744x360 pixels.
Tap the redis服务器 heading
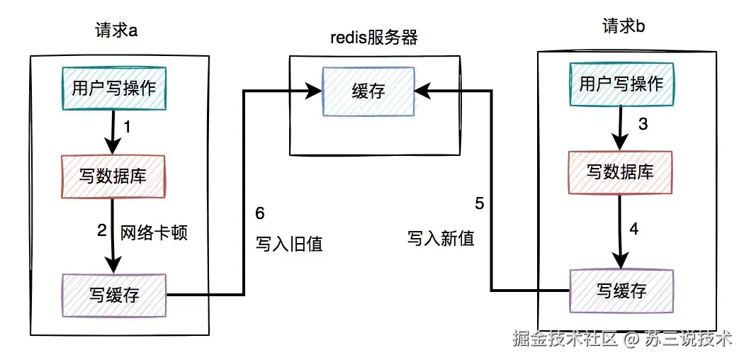click(x=374, y=38)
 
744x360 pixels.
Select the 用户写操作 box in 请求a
click(x=113, y=88)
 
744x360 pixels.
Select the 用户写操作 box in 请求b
click(x=621, y=84)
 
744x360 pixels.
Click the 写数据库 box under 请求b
click(x=620, y=172)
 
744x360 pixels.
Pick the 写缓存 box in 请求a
click(x=113, y=295)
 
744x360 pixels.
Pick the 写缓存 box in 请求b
click(x=621, y=290)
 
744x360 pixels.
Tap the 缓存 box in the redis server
click(x=368, y=91)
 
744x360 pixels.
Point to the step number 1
click(x=128, y=128)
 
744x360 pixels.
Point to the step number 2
click(x=102, y=230)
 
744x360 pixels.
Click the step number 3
click(x=643, y=125)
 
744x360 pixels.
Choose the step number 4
click(x=635, y=230)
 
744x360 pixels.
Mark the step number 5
click(x=480, y=204)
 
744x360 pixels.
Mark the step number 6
click(x=259, y=213)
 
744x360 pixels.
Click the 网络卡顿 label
click(x=154, y=232)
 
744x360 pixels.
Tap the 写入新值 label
click(x=441, y=238)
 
